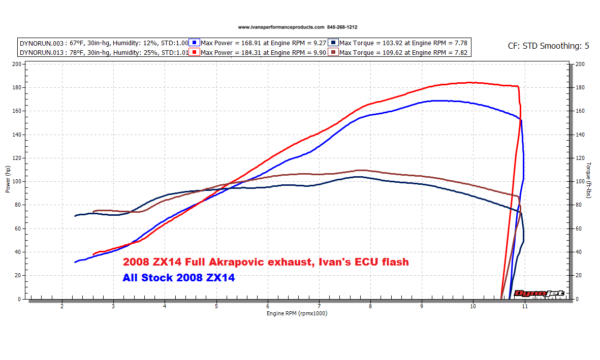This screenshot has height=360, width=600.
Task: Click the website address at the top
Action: (281, 27)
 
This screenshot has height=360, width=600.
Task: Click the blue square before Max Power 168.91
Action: (196, 43)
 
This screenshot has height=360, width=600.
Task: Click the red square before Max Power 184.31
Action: (196, 52)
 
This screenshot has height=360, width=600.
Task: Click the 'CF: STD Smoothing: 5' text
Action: (548, 46)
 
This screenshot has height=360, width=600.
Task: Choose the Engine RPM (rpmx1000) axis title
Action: (297, 313)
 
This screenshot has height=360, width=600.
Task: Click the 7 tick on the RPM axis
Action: (319, 307)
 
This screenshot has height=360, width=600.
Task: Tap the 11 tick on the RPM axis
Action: (524, 307)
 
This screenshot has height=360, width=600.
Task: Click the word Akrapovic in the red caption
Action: (269, 263)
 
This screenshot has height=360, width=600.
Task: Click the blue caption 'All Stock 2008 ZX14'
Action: (178, 278)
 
